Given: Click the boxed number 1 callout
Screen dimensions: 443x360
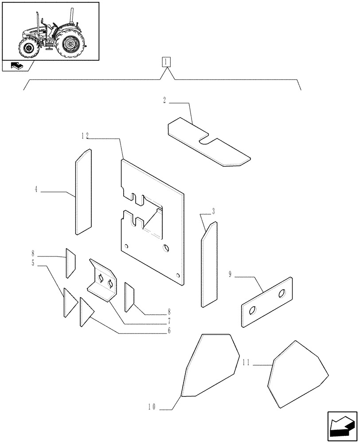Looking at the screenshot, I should coord(165,62).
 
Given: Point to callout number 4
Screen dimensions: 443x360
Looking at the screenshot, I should coord(35,190).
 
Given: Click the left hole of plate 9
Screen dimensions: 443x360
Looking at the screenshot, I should coord(252,312).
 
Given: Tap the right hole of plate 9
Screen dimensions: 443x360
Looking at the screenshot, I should coord(282,294).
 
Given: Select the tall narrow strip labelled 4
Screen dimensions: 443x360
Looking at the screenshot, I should coord(83,191).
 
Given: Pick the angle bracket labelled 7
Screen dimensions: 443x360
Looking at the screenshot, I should coord(103,282).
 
